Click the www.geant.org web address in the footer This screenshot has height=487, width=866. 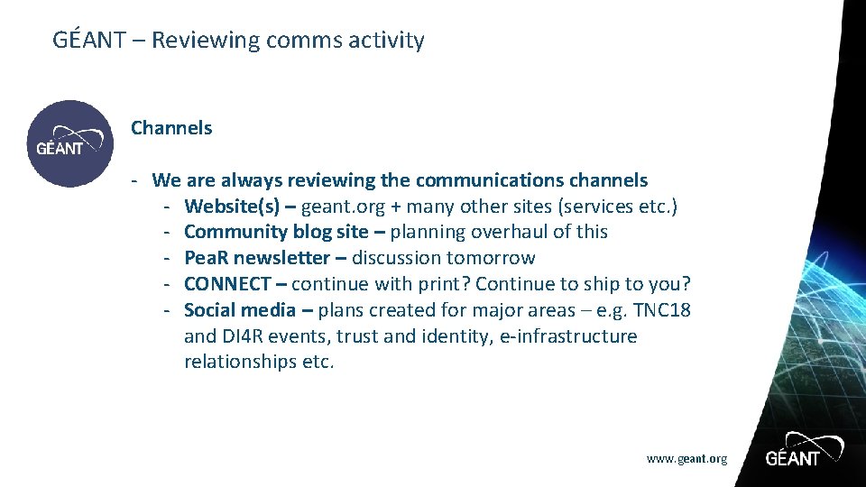point(686,459)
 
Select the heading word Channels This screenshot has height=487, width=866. point(171,128)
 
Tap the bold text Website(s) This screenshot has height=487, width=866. point(232,207)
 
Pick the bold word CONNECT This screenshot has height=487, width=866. point(227,284)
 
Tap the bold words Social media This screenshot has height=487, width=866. point(240,310)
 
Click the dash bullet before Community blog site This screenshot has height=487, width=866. point(168,232)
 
